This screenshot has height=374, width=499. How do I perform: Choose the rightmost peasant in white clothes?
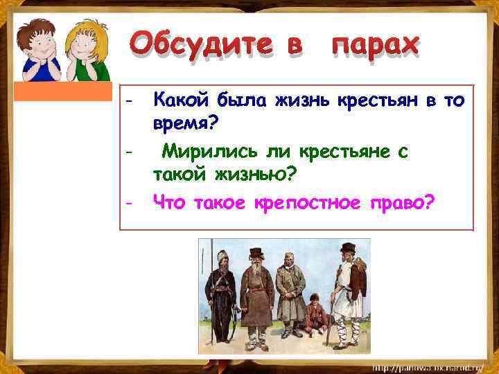pos(347,291)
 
